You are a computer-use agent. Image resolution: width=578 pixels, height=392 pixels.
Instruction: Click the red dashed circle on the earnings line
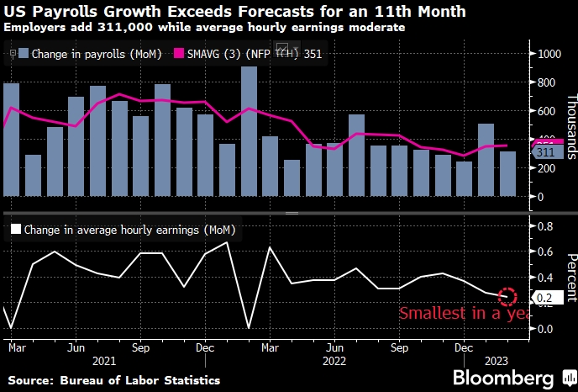pos(507,295)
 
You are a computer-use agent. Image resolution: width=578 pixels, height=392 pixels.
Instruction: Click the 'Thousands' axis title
pos(570,126)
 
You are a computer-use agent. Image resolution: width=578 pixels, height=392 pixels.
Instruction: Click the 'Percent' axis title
pos(570,277)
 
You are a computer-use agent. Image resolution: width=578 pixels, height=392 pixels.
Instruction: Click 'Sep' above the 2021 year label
pos(140,346)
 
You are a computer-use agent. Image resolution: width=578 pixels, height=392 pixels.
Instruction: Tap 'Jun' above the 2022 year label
pos(335,346)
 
